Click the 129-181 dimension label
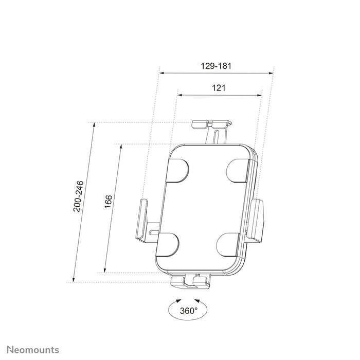point(217,66)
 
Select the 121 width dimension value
point(219,88)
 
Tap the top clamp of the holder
point(211,124)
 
